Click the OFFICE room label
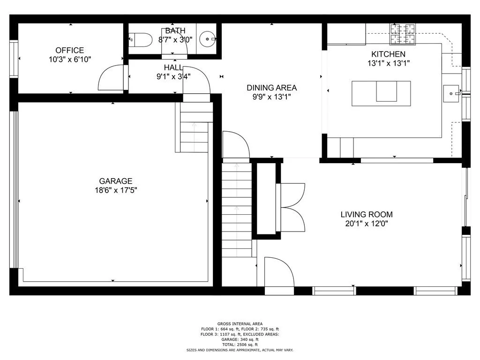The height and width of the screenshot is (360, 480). pyautogui.click(x=69, y=51)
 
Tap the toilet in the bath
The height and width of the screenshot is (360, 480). pyautogui.click(x=141, y=40)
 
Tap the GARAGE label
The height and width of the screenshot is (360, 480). pyautogui.click(x=115, y=181)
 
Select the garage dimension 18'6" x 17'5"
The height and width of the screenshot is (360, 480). pyautogui.click(x=115, y=190)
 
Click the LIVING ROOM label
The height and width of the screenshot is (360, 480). pyautogui.click(x=366, y=215)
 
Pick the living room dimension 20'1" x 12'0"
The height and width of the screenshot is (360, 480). pyautogui.click(x=366, y=224)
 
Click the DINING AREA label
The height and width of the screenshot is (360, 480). pyautogui.click(x=271, y=88)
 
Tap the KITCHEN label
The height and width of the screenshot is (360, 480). pyautogui.click(x=388, y=54)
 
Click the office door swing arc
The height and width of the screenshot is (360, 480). pyautogui.click(x=110, y=78)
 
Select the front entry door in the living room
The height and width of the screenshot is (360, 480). pyautogui.click(x=277, y=272)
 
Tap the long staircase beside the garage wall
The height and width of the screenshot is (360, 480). pyautogui.click(x=237, y=209)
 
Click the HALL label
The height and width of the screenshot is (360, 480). pyautogui.click(x=173, y=67)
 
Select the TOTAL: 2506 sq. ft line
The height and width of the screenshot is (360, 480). pyautogui.click(x=240, y=345)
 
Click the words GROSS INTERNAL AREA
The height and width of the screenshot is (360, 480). pyautogui.click(x=240, y=323)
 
